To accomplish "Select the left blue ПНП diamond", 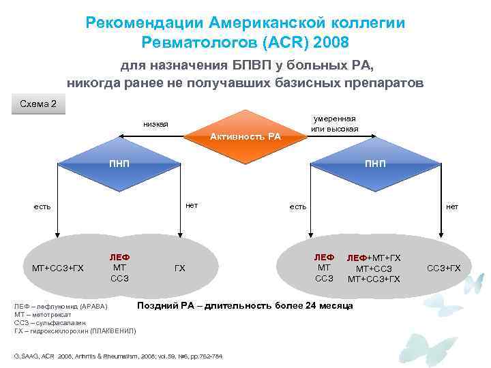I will (120, 164).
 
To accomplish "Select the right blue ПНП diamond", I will (374, 164).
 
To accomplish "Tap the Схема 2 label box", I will (39, 104).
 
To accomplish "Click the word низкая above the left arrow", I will (155, 124).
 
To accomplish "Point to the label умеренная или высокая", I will (334, 124).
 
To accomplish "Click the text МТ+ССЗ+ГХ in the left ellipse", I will (58, 268).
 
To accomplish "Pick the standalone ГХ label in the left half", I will (179, 268).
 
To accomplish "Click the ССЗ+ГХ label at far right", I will (444, 267).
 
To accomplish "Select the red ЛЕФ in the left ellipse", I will (119, 258).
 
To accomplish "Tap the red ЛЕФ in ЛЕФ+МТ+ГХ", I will (358, 258).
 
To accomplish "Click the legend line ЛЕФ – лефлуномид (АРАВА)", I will (61, 307).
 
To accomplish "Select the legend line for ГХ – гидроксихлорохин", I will (75, 331).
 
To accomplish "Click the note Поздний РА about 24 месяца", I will (245, 305).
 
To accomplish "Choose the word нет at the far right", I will (452, 206).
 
